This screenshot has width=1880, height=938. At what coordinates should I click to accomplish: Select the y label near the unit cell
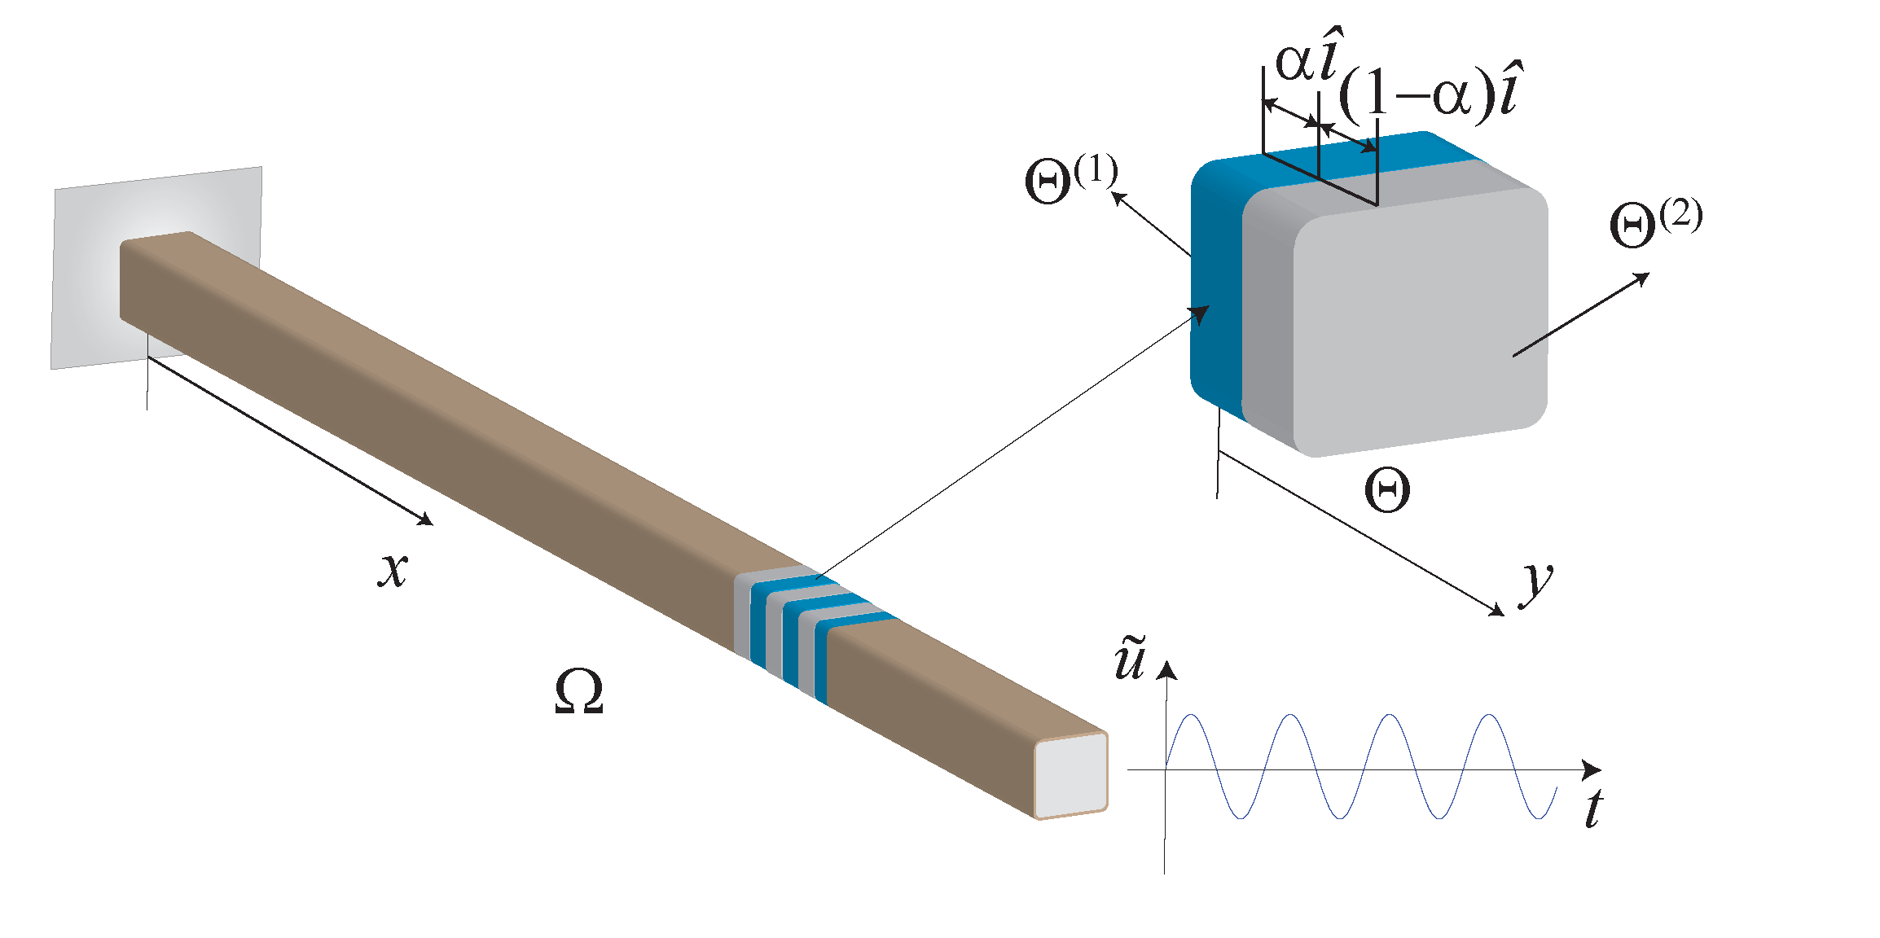coord(1536,582)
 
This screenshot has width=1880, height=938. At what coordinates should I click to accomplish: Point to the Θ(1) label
coord(1070,180)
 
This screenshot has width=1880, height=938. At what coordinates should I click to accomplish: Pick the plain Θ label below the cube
coord(1387,490)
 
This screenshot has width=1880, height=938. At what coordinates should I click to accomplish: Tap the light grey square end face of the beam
coord(1070,775)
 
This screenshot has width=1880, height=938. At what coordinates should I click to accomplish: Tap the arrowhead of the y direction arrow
coord(1497,611)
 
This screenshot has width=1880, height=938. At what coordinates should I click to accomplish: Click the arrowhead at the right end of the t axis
coord(1592,769)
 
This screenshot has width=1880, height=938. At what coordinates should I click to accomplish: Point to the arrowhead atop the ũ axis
coord(1168,670)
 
